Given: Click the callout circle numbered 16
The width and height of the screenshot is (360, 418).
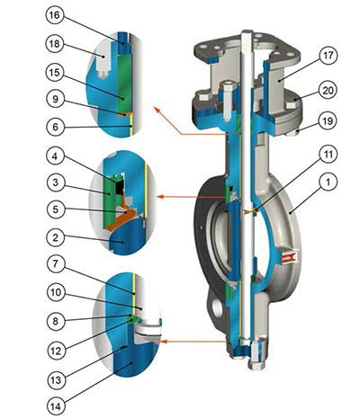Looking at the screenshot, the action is (x=55, y=15).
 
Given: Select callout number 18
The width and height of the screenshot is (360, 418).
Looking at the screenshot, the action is (x=55, y=44).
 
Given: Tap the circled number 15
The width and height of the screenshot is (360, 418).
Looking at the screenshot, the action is (x=55, y=73).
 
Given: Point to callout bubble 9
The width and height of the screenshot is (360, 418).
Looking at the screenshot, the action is (x=55, y=99).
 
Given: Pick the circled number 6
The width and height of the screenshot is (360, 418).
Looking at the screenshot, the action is (x=55, y=127).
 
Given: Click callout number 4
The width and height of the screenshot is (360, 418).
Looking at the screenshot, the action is (x=55, y=156).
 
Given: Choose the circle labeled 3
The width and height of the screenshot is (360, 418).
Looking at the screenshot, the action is (x=55, y=182).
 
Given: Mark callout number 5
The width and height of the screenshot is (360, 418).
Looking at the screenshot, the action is (x=56, y=209).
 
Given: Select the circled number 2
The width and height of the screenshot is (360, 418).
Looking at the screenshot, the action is (x=55, y=237).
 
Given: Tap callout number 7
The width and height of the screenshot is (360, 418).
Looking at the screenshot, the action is (x=56, y=264).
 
